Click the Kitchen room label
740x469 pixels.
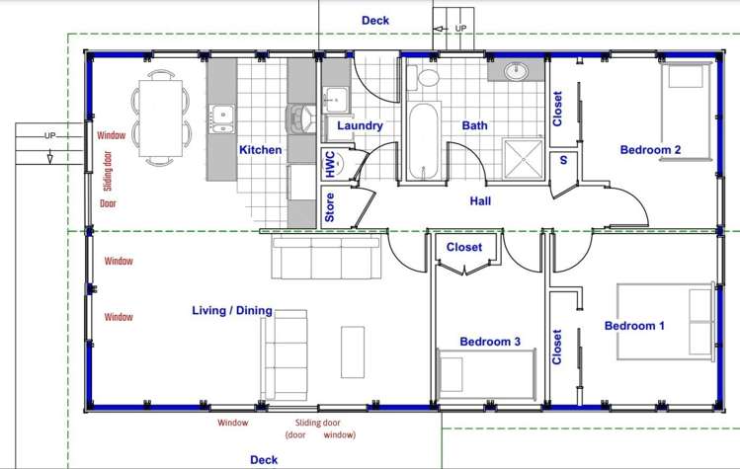(x=260, y=150)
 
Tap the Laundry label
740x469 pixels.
(x=360, y=125)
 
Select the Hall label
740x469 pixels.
(x=481, y=200)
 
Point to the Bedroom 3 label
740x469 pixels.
(x=490, y=342)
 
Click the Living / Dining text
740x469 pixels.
(x=231, y=311)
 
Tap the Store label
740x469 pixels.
(x=330, y=207)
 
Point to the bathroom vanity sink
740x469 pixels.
(x=517, y=71)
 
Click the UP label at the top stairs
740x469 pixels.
(x=460, y=29)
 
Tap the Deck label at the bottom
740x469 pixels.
(x=264, y=459)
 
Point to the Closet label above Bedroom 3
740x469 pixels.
(x=464, y=248)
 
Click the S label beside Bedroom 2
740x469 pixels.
(x=563, y=160)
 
